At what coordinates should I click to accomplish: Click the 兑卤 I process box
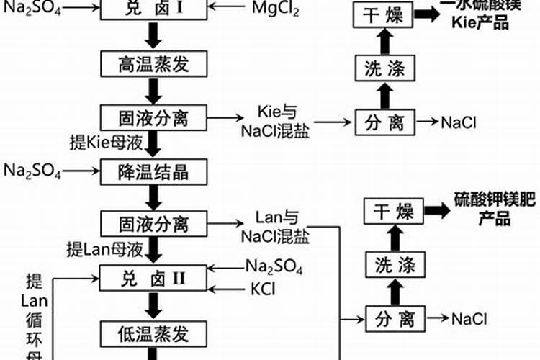point(153,9)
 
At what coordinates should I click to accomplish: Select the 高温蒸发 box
point(153,64)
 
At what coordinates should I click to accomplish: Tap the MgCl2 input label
point(276,9)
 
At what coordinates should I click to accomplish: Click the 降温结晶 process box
point(153,171)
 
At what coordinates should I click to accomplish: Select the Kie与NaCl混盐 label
point(276,123)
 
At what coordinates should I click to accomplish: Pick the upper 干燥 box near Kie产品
point(383,15)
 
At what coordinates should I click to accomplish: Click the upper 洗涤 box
point(383,68)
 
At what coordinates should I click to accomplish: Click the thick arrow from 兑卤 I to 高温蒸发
point(153,36)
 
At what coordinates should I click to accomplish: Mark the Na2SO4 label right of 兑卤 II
point(274,267)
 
